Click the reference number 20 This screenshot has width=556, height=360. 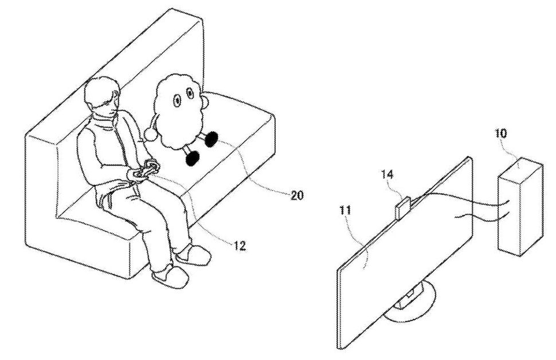297,195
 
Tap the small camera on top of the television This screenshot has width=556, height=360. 402,208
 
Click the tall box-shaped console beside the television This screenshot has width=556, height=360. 519,206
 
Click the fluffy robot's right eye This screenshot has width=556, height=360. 191,103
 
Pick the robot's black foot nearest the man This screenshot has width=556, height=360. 192,157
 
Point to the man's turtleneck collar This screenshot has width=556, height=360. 104,122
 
